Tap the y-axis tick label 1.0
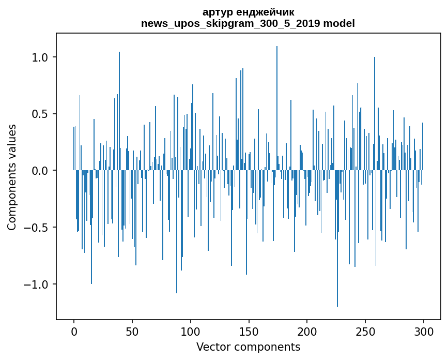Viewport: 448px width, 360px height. (40, 57)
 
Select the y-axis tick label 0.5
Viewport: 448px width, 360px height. (40, 114)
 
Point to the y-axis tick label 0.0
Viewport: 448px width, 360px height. (40, 171)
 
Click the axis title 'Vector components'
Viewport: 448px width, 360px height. (248, 347)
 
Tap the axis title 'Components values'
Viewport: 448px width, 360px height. (12, 177)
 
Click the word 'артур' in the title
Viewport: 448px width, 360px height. (216, 12)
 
